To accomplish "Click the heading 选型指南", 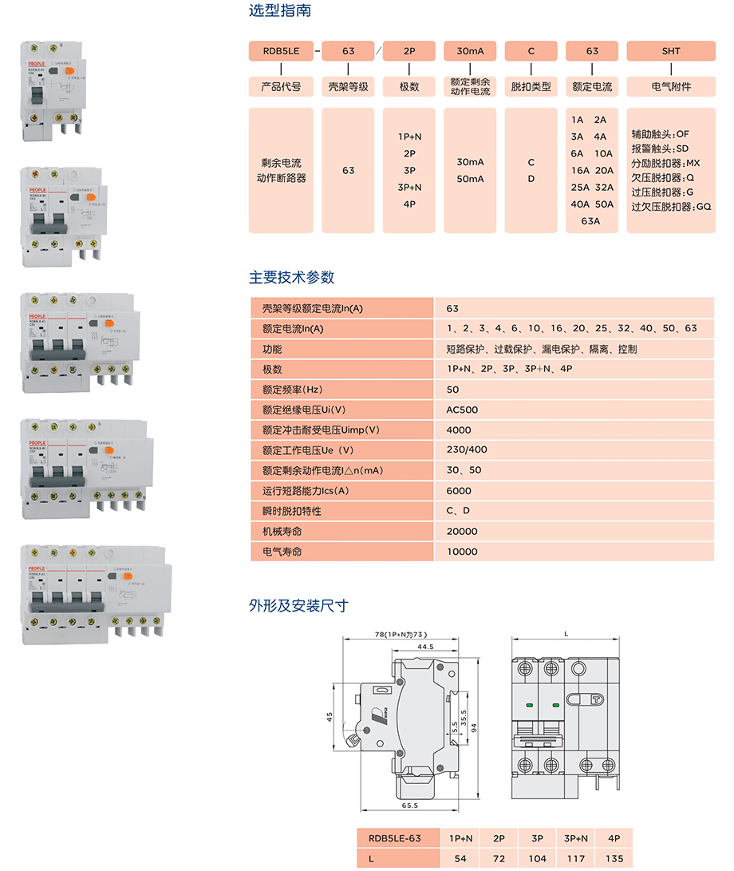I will (x=280, y=11).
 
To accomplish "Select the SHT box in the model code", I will (x=671, y=51).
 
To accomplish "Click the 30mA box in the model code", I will (x=470, y=51).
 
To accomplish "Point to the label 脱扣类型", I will (x=531, y=86).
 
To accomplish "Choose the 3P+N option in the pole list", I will (x=409, y=187).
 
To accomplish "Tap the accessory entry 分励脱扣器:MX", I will (x=665, y=163).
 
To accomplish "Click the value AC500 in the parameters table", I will (x=462, y=410).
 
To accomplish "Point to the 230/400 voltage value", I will (x=467, y=450).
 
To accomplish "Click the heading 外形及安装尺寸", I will (x=298, y=606).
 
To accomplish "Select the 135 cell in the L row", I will (x=614, y=859).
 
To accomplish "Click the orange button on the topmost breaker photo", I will (x=69, y=72).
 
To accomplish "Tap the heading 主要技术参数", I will (x=292, y=278).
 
